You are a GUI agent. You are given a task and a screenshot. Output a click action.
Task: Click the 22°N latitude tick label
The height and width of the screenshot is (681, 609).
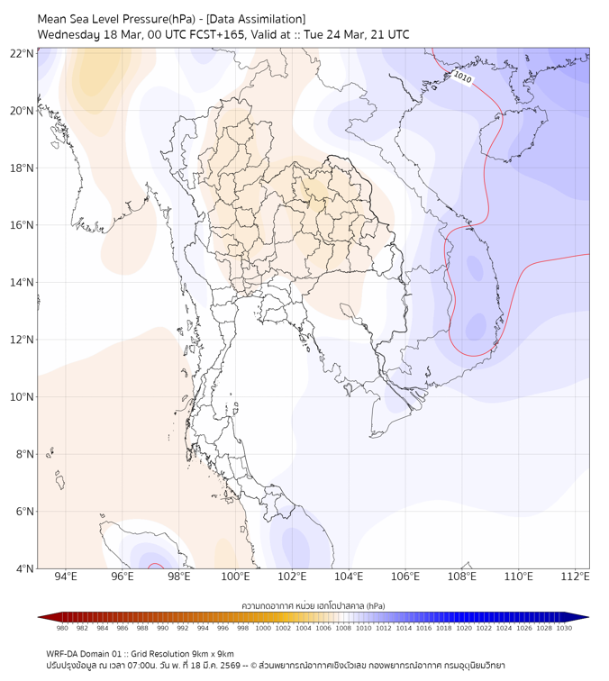[23, 53]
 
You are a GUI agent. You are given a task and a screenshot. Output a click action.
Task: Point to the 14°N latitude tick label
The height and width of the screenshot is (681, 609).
[23, 282]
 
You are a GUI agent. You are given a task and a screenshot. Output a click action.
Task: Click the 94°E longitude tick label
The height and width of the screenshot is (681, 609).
[66, 577]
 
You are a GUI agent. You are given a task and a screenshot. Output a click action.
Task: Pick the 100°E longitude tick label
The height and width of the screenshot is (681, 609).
[236, 577]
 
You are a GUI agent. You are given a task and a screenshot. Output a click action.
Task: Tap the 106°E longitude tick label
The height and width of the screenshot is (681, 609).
[405, 577]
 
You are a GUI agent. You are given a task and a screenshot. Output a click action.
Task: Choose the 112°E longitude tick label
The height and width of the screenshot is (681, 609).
[576, 577]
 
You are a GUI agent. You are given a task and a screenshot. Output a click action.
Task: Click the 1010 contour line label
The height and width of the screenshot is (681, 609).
[462, 78]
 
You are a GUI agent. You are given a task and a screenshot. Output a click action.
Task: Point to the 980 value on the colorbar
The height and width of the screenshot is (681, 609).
[62, 628]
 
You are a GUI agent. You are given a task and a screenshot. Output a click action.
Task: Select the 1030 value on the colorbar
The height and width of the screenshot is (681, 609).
[564, 628]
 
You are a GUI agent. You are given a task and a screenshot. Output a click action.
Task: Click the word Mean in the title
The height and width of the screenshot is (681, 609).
[53, 19]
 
